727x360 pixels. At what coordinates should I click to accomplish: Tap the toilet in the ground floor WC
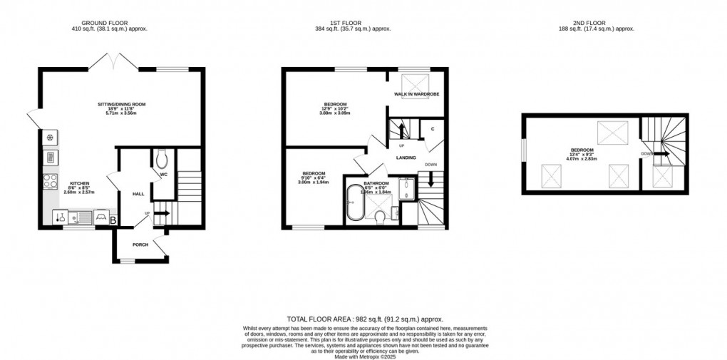[x=160, y=156]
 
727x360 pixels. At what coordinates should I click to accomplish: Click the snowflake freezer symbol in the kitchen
[x=52, y=138]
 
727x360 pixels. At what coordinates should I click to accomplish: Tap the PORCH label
[x=140, y=245]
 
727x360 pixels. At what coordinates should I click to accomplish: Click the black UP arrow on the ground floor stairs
[x=161, y=212]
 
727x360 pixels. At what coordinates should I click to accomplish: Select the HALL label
[x=138, y=194]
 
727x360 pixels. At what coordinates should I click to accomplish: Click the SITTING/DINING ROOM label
[x=122, y=105]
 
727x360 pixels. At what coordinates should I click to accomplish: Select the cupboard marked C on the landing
[x=432, y=129]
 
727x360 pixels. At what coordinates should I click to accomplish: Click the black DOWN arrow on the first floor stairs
[x=430, y=182]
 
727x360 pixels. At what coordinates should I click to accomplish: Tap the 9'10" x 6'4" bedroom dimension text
[x=314, y=178]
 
